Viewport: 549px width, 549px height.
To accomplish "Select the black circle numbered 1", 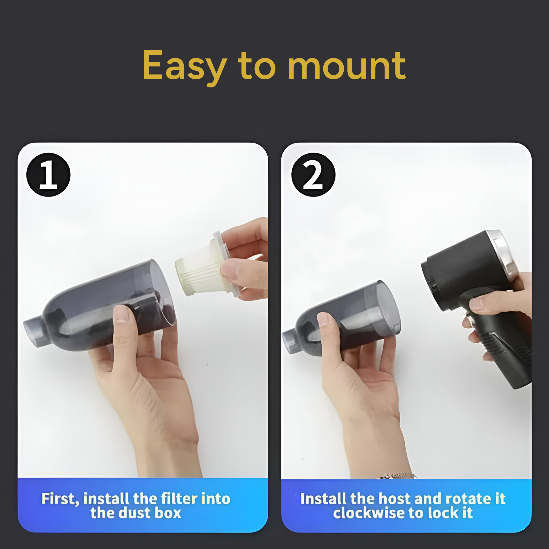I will click(48, 175).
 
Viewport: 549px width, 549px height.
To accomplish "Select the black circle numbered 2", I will click(313, 175).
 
